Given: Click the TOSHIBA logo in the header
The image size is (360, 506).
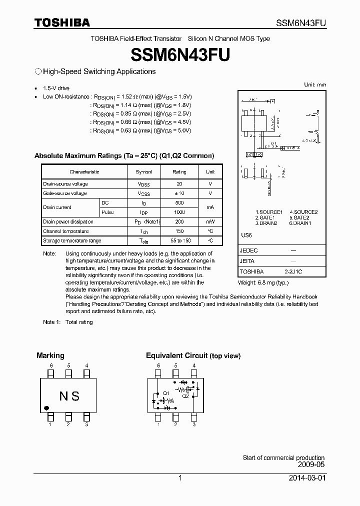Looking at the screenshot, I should pos(62,22).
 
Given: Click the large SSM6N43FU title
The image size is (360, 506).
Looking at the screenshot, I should pos(179,54).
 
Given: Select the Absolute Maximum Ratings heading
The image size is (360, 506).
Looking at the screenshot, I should pos(124,155).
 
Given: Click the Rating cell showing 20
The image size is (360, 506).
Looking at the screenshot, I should pos(179,184).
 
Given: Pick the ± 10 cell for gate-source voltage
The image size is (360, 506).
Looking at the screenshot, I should pos(179,193).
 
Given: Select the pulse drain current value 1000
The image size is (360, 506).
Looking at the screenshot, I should pos(179,212).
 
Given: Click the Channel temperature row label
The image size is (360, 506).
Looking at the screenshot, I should pos(66,231).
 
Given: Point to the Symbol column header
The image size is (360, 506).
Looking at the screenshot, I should pos(143,171).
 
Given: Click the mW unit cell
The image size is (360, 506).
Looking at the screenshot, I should pos(210,221).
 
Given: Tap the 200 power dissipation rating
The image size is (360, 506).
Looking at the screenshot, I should pos(179,221).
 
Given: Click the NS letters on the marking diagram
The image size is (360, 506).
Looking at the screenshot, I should pos(69,396).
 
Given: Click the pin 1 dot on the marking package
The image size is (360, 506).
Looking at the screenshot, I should pos(46,407).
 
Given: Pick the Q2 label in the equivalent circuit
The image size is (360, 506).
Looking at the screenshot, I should pos(185,395).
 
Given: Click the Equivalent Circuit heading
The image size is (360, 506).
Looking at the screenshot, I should pos(176,355).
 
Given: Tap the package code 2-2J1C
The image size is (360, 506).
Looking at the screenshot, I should pos(293,271).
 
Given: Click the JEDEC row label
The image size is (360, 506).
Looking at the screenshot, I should pos(249,250).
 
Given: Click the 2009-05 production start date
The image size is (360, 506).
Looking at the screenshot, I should pos(311,464).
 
